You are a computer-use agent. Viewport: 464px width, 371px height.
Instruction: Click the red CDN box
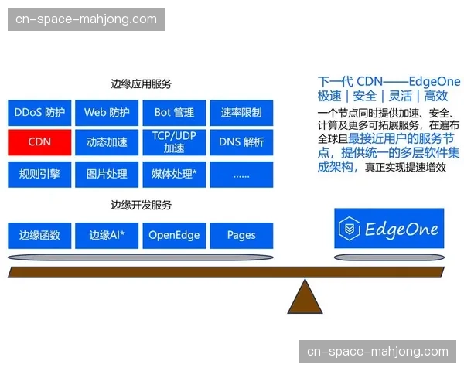tap(39, 142)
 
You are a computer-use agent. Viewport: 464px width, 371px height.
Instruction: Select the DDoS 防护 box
tap(39, 113)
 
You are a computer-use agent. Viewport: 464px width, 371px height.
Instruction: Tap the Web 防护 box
tap(107, 113)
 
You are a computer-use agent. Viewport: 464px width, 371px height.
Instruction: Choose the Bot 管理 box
tap(174, 113)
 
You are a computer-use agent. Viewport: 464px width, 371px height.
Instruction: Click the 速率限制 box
tap(241, 113)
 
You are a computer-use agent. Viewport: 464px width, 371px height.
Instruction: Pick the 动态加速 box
tap(107, 142)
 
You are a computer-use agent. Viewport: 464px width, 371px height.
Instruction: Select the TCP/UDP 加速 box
tap(174, 142)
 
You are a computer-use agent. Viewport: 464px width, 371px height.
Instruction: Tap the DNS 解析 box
tap(241, 142)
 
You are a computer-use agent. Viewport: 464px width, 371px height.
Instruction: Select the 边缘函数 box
tap(39, 235)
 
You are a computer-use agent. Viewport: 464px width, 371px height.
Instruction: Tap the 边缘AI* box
tap(107, 235)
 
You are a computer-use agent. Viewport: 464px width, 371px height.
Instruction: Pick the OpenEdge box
tap(174, 235)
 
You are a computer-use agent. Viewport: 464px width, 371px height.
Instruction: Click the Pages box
tap(241, 235)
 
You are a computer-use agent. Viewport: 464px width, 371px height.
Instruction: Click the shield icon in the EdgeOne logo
tap(350, 229)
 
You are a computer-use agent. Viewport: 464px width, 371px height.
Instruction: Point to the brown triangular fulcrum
tap(305, 295)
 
